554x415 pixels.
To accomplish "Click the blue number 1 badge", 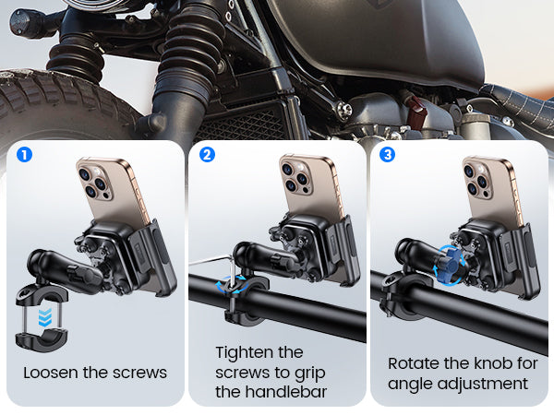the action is [24, 155].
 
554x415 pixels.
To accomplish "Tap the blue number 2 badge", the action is [207, 155].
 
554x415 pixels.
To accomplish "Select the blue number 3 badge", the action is [387, 155].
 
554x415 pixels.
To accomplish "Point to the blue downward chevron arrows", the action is [45, 317].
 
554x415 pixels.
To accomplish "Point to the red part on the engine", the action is [416, 112].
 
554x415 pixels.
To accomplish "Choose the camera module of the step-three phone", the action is [478, 180].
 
